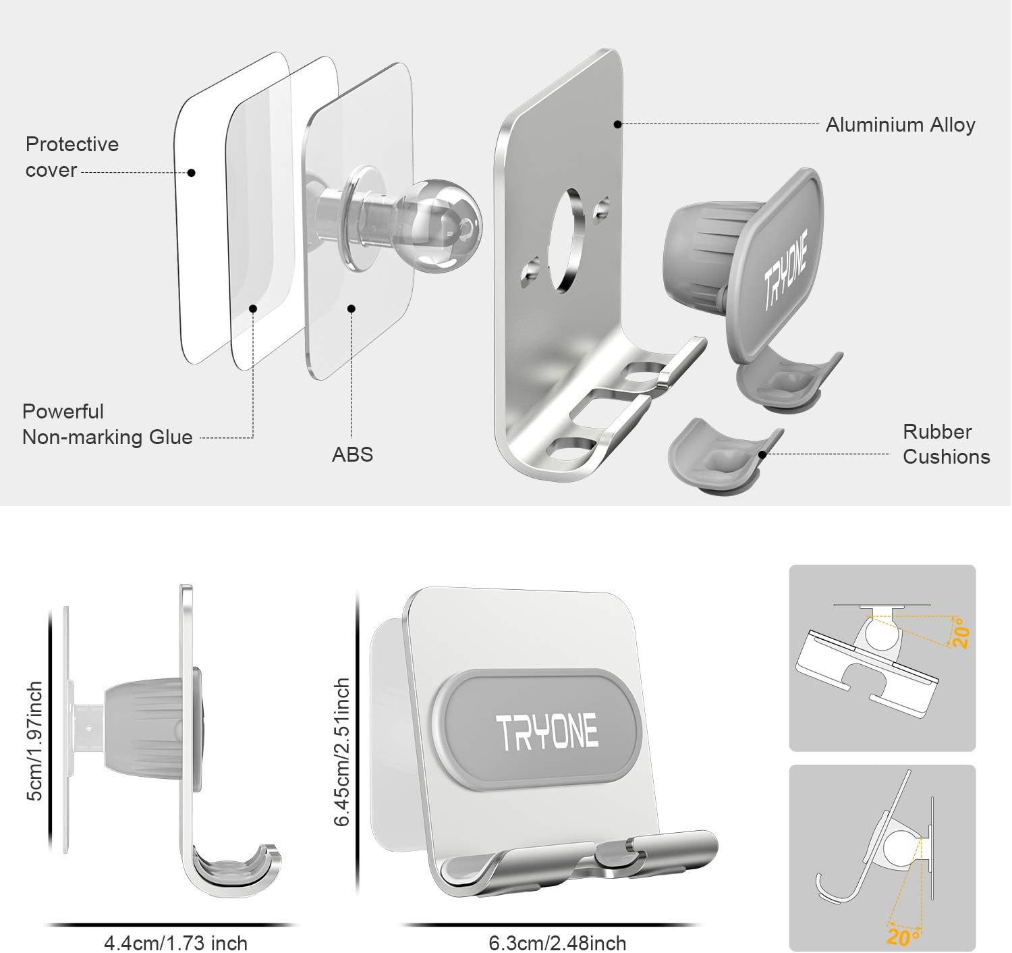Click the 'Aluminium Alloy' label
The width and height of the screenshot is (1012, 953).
pyautogui.click(x=900, y=125)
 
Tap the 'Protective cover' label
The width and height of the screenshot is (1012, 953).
pyautogui.click(x=72, y=157)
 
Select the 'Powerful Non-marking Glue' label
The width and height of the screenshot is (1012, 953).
pyautogui.click(x=107, y=425)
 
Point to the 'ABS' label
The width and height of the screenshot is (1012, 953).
pyautogui.click(x=352, y=454)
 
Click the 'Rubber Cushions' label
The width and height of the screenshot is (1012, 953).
pyautogui.click(x=946, y=444)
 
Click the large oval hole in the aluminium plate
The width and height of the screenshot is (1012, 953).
pyautogui.click(x=566, y=240)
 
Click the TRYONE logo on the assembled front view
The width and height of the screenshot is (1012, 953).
pyautogui.click(x=546, y=731)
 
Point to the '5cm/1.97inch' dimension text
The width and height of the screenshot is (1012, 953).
pyautogui.click(x=35, y=740)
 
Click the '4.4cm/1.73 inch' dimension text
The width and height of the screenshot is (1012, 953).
pyautogui.click(x=175, y=942)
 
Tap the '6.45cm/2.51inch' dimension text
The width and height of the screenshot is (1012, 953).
pyautogui.click(x=342, y=752)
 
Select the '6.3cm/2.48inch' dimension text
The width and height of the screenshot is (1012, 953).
pyautogui.click(x=557, y=942)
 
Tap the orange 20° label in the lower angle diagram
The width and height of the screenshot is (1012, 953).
pyautogui.click(x=903, y=937)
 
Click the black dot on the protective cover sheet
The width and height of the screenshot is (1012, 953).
pyautogui.click(x=192, y=173)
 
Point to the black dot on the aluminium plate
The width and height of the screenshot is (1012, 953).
pyautogui.click(x=617, y=124)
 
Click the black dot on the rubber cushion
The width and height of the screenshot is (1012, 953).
pyautogui.click(x=762, y=454)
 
